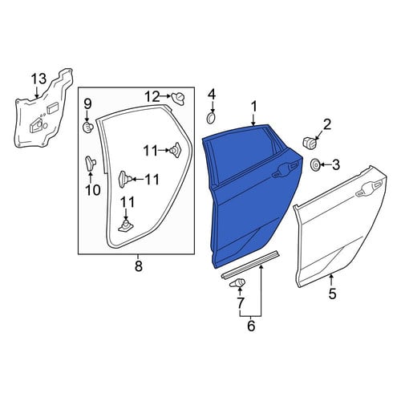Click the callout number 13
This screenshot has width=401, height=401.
point(39,79)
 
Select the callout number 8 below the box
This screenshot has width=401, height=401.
point(139,266)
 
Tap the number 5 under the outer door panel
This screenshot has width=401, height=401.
point(332,294)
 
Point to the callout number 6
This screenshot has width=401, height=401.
point(251,326)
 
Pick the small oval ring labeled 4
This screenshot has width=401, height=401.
point(212,118)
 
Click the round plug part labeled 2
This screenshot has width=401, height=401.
point(308,143)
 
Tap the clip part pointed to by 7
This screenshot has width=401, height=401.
point(237,282)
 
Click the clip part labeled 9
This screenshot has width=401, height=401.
point(87,127)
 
